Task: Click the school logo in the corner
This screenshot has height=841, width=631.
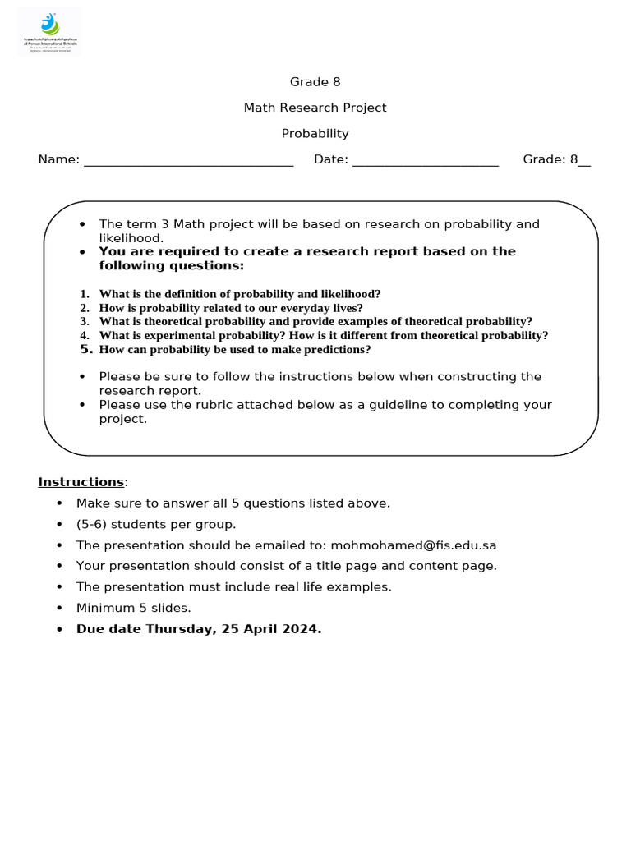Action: [x=49, y=31]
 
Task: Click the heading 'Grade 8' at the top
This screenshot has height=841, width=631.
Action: [x=315, y=82]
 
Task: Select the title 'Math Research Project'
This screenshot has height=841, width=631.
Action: [x=315, y=108]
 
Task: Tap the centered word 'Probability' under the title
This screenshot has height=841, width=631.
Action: [x=315, y=134]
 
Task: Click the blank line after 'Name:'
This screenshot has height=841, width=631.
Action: [x=188, y=161]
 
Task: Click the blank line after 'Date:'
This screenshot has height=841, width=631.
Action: [x=425, y=161]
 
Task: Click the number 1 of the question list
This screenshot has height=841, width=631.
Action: [x=84, y=294]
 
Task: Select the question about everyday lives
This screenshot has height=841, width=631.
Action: [x=230, y=308]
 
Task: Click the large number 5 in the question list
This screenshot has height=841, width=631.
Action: [x=84, y=349]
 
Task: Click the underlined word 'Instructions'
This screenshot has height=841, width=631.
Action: [x=81, y=482]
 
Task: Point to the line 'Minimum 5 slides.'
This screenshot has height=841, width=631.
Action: [x=133, y=609]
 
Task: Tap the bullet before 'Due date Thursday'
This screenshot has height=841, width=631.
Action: [x=58, y=630]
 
